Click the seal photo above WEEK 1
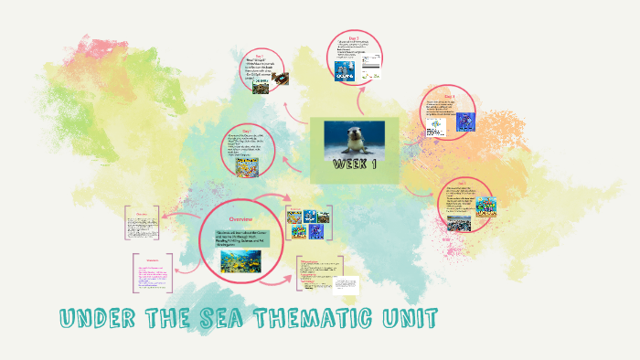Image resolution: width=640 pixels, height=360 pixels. (x=356, y=140)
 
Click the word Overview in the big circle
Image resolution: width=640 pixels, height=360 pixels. (x=240, y=219)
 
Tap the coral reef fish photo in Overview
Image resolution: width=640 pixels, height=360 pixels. (x=241, y=262)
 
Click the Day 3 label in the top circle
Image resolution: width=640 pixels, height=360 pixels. (x=353, y=36)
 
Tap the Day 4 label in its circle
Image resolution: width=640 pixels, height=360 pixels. (x=449, y=95)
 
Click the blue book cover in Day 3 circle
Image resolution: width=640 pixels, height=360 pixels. (x=345, y=70)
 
